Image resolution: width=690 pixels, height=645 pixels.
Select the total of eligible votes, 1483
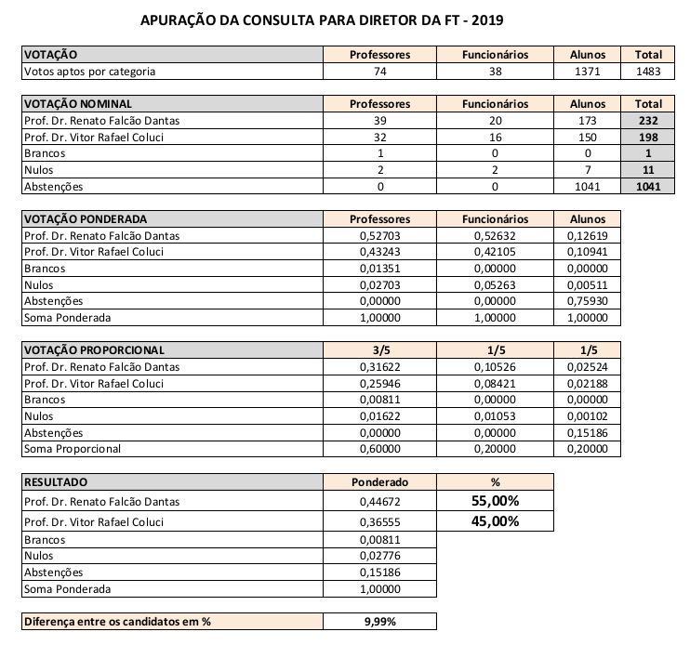tap(648, 72)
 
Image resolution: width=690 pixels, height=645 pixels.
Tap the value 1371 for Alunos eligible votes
tap(587, 72)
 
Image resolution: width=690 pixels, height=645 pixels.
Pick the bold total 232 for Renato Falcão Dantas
tap(648, 121)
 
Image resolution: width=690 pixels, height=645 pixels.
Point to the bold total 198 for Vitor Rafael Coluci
tap(648, 137)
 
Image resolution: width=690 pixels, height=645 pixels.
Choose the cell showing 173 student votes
tap(587, 121)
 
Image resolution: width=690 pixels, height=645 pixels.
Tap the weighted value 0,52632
tap(495, 236)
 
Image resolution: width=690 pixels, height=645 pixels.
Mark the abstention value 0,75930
tap(587, 301)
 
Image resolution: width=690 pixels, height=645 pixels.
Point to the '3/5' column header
tap(379, 350)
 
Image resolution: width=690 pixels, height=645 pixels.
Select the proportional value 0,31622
tap(379, 367)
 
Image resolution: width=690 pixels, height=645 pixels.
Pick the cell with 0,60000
tap(379, 449)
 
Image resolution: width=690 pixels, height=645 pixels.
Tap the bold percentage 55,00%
tap(495, 501)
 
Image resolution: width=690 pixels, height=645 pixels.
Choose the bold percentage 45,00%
tap(495, 520)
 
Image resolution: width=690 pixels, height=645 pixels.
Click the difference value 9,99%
tap(379, 621)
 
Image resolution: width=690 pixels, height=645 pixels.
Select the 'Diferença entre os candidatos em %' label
tap(116, 621)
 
